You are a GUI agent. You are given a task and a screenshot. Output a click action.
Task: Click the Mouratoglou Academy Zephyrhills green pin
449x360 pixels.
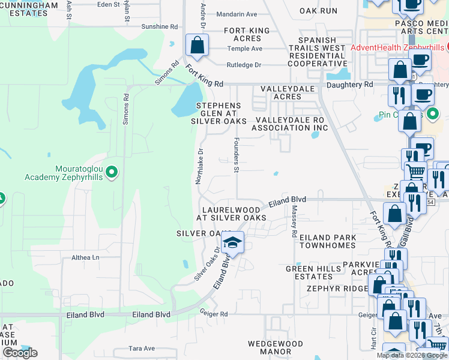[x=111, y=173]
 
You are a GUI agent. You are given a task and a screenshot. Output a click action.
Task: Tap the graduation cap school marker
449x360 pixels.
[x=232, y=242]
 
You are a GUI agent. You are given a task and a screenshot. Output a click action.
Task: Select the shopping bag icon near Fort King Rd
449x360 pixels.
[x=197, y=46]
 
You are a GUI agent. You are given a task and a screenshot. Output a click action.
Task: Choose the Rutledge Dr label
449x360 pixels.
[x=244, y=65]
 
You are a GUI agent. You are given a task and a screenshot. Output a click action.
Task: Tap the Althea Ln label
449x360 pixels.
[x=85, y=257]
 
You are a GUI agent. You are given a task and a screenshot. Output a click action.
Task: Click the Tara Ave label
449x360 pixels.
[x=142, y=349]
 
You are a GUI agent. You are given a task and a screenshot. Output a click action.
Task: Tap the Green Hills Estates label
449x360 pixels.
[x=309, y=272]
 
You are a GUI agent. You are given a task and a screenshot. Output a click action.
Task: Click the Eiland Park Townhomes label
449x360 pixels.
[x=328, y=242]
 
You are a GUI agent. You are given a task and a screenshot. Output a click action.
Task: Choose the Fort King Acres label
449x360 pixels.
[x=251, y=34]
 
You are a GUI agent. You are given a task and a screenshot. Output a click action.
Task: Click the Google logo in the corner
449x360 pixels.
[x=20, y=353]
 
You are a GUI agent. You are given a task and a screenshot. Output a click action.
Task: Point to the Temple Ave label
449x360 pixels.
[x=249, y=49]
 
